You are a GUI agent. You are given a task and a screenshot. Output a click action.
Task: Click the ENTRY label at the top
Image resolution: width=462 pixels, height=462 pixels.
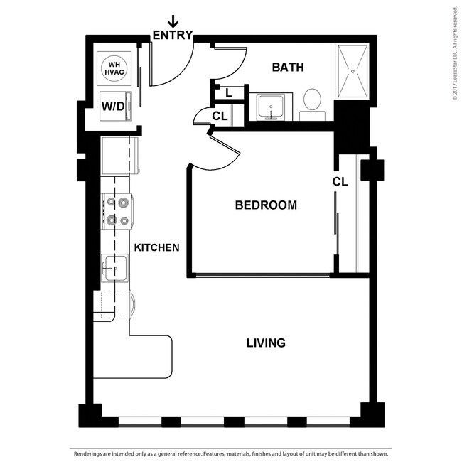173,35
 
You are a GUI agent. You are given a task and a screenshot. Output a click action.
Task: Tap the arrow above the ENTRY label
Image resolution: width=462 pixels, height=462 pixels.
173,21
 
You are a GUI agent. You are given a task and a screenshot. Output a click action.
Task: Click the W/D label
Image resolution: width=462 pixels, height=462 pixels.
113,106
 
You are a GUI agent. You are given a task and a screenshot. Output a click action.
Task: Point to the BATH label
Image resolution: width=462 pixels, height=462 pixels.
288,68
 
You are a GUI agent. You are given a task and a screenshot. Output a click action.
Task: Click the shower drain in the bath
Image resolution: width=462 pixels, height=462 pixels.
353,71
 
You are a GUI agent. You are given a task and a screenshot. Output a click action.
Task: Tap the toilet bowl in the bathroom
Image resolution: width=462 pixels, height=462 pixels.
312,100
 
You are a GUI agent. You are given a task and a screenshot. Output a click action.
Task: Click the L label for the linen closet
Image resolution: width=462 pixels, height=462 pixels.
229,93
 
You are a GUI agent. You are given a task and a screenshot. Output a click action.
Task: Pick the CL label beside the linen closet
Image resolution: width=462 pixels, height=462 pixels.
220,117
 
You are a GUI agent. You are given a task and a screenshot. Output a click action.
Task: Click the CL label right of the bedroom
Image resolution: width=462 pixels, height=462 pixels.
340,182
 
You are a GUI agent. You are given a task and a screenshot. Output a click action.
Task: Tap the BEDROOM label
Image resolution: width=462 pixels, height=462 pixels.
266,205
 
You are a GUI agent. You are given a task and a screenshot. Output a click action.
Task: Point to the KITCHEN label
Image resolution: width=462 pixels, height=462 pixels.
157,247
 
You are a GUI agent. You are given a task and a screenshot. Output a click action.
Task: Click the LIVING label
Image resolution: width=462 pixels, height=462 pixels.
266,343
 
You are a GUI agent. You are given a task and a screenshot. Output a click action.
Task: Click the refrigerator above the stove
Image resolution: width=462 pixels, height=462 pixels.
119,156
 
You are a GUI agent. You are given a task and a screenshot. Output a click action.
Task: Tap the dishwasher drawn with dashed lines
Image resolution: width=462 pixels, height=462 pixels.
116,305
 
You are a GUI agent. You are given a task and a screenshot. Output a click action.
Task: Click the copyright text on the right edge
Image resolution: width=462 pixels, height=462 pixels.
456,53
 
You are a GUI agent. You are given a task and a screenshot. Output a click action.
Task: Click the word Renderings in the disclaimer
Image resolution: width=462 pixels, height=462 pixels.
87,453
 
